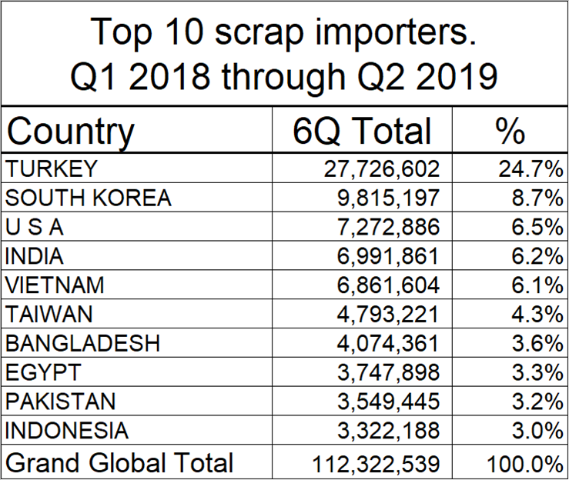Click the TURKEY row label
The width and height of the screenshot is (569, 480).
coord(52,168)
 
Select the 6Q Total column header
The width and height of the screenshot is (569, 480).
coord(362,132)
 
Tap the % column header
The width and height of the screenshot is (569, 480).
coord(509,132)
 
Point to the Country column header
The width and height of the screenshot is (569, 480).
coord(70,132)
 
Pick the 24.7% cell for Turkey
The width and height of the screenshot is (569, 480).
coord(527,168)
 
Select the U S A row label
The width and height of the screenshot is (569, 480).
coord(35,227)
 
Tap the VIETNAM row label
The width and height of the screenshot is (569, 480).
coord(55,285)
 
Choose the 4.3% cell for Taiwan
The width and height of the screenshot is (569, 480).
coord(531,315)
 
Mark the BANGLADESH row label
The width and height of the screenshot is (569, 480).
coord(82,343)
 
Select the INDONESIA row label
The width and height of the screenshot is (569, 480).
coord(67,431)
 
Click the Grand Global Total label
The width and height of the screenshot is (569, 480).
coord(119,462)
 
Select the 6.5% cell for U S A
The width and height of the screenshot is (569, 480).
coord(531,227)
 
